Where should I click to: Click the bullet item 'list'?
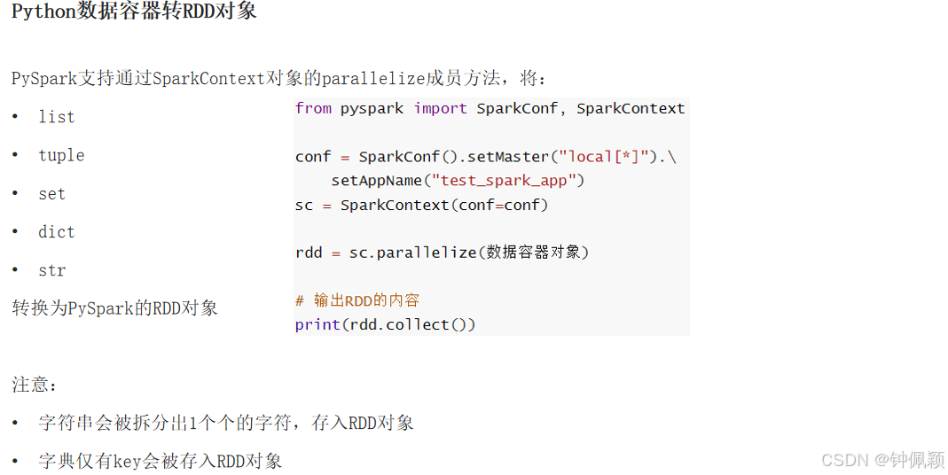pos(56,117)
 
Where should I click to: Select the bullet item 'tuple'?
pos(61,155)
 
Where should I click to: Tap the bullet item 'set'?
pos(51,194)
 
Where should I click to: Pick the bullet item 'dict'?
pos(56,232)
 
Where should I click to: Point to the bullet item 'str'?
pos(51,270)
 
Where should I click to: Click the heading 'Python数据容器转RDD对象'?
pos(134,13)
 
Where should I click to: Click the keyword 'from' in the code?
pos(313,108)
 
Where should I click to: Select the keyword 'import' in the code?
pos(440,108)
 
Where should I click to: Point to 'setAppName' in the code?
pos(376,181)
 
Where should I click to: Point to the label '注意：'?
pos(35,385)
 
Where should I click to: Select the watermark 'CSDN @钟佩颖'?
pos(882,459)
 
